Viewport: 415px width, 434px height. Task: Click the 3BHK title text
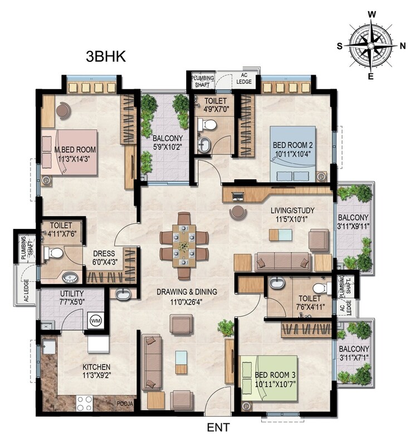click(x=106, y=56)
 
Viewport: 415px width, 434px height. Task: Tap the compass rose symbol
click(x=370, y=45)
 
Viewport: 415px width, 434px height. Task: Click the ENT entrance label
click(x=218, y=427)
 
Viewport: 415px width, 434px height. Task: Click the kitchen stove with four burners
click(x=84, y=402)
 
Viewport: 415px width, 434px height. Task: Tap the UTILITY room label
click(x=72, y=293)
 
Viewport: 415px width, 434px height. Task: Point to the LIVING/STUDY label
click(x=277, y=210)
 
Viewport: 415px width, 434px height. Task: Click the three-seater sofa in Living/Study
click(x=283, y=261)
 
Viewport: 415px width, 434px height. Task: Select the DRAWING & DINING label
click(x=186, y=291)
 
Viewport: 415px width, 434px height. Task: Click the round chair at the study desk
click(x=238, y=212)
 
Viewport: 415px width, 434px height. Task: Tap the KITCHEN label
click(x=96, y=367)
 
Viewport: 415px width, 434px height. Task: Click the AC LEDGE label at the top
click(x=246, y=79)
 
